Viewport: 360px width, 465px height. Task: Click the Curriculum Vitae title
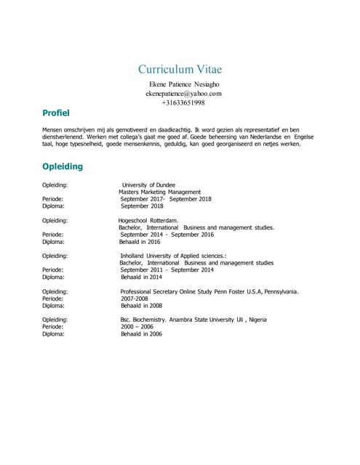[x=180, y=70]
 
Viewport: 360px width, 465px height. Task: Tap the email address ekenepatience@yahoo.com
[x=183, y=94]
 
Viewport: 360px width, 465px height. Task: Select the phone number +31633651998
[x=183, y=103]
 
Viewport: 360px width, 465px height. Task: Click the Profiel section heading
[x=55, y=113]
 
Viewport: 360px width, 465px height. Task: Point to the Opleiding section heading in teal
[x=63, y=166]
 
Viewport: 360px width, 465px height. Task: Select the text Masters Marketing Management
[x=159, y=192]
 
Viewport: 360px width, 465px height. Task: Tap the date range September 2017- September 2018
[x=166, y=199]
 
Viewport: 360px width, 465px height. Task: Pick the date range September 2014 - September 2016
[x=167, y=235]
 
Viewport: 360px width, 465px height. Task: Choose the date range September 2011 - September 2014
[x=167, y=270]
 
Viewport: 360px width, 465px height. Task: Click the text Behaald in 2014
[x=141, y=277]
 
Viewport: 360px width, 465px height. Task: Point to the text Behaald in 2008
[x=141, y=306]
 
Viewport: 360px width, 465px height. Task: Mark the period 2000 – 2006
[x=137, y=327]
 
